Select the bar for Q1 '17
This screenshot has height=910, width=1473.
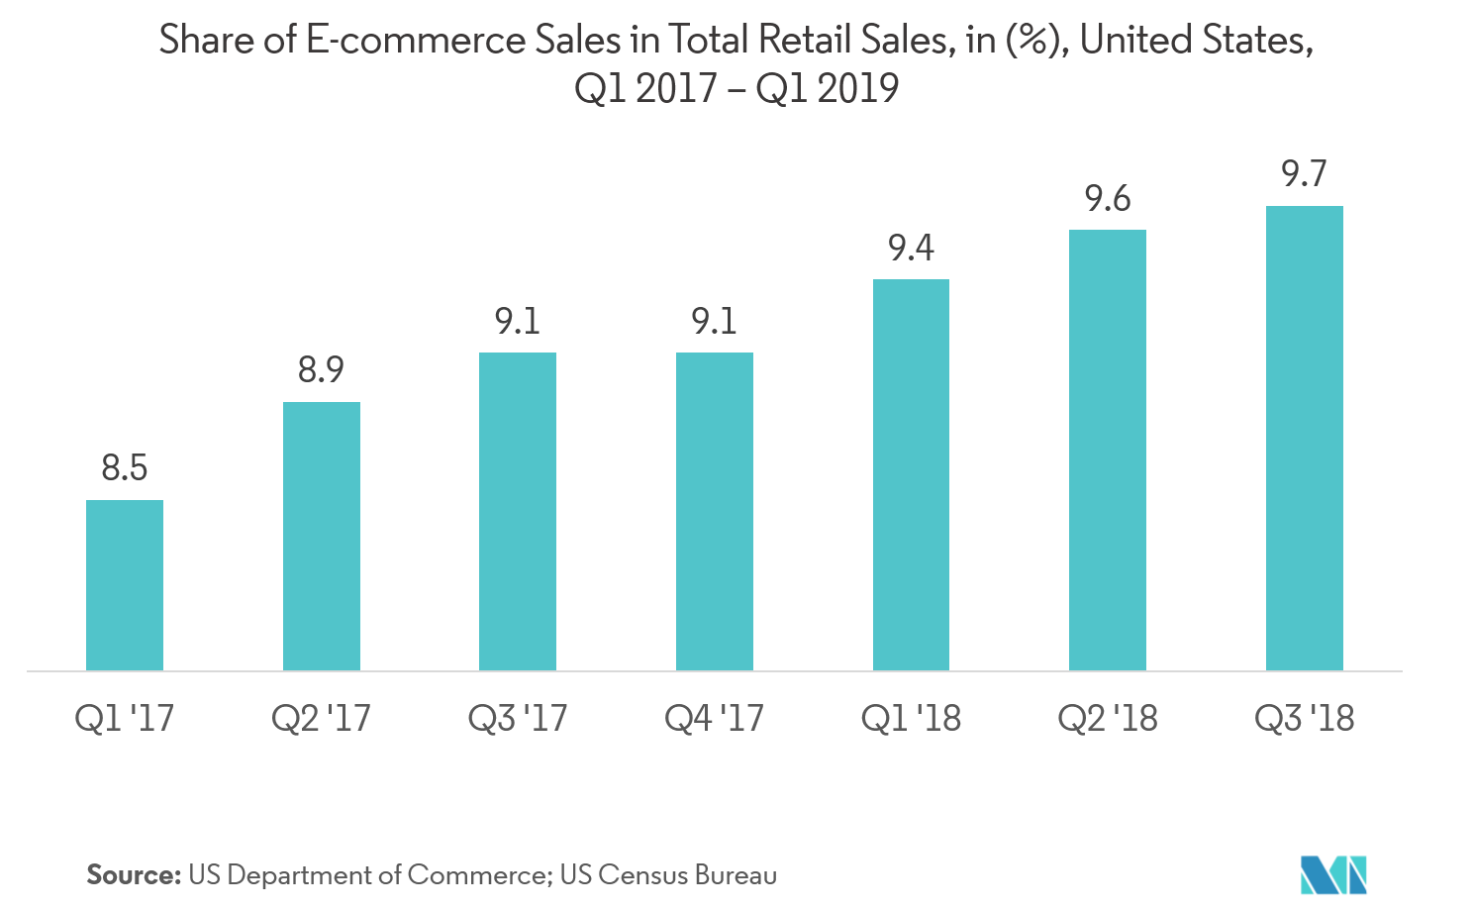pos(125,585)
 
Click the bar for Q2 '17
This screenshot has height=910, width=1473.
pos(322,536)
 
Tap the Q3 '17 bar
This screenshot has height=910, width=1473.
pos(518,511)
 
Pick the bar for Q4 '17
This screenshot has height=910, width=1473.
pos(715,511)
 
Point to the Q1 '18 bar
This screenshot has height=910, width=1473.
pos(911,474)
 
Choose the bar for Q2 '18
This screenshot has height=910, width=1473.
pos(1108,450)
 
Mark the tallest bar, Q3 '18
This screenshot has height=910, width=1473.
pos(1305,438)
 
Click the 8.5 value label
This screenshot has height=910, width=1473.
pos(125,467)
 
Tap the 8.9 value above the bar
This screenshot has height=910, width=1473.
pos(322,370)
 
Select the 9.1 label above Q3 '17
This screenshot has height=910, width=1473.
pos(518,321)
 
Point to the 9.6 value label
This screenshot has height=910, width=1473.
pos(1108,199)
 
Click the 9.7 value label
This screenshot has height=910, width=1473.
pos(1305,174)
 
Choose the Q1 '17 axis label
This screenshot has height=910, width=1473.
pos(125,718)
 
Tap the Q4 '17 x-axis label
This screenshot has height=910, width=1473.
pos(715,718)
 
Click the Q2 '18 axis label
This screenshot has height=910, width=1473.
pos(1108,718)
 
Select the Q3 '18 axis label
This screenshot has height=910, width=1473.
pos(1305,718)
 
